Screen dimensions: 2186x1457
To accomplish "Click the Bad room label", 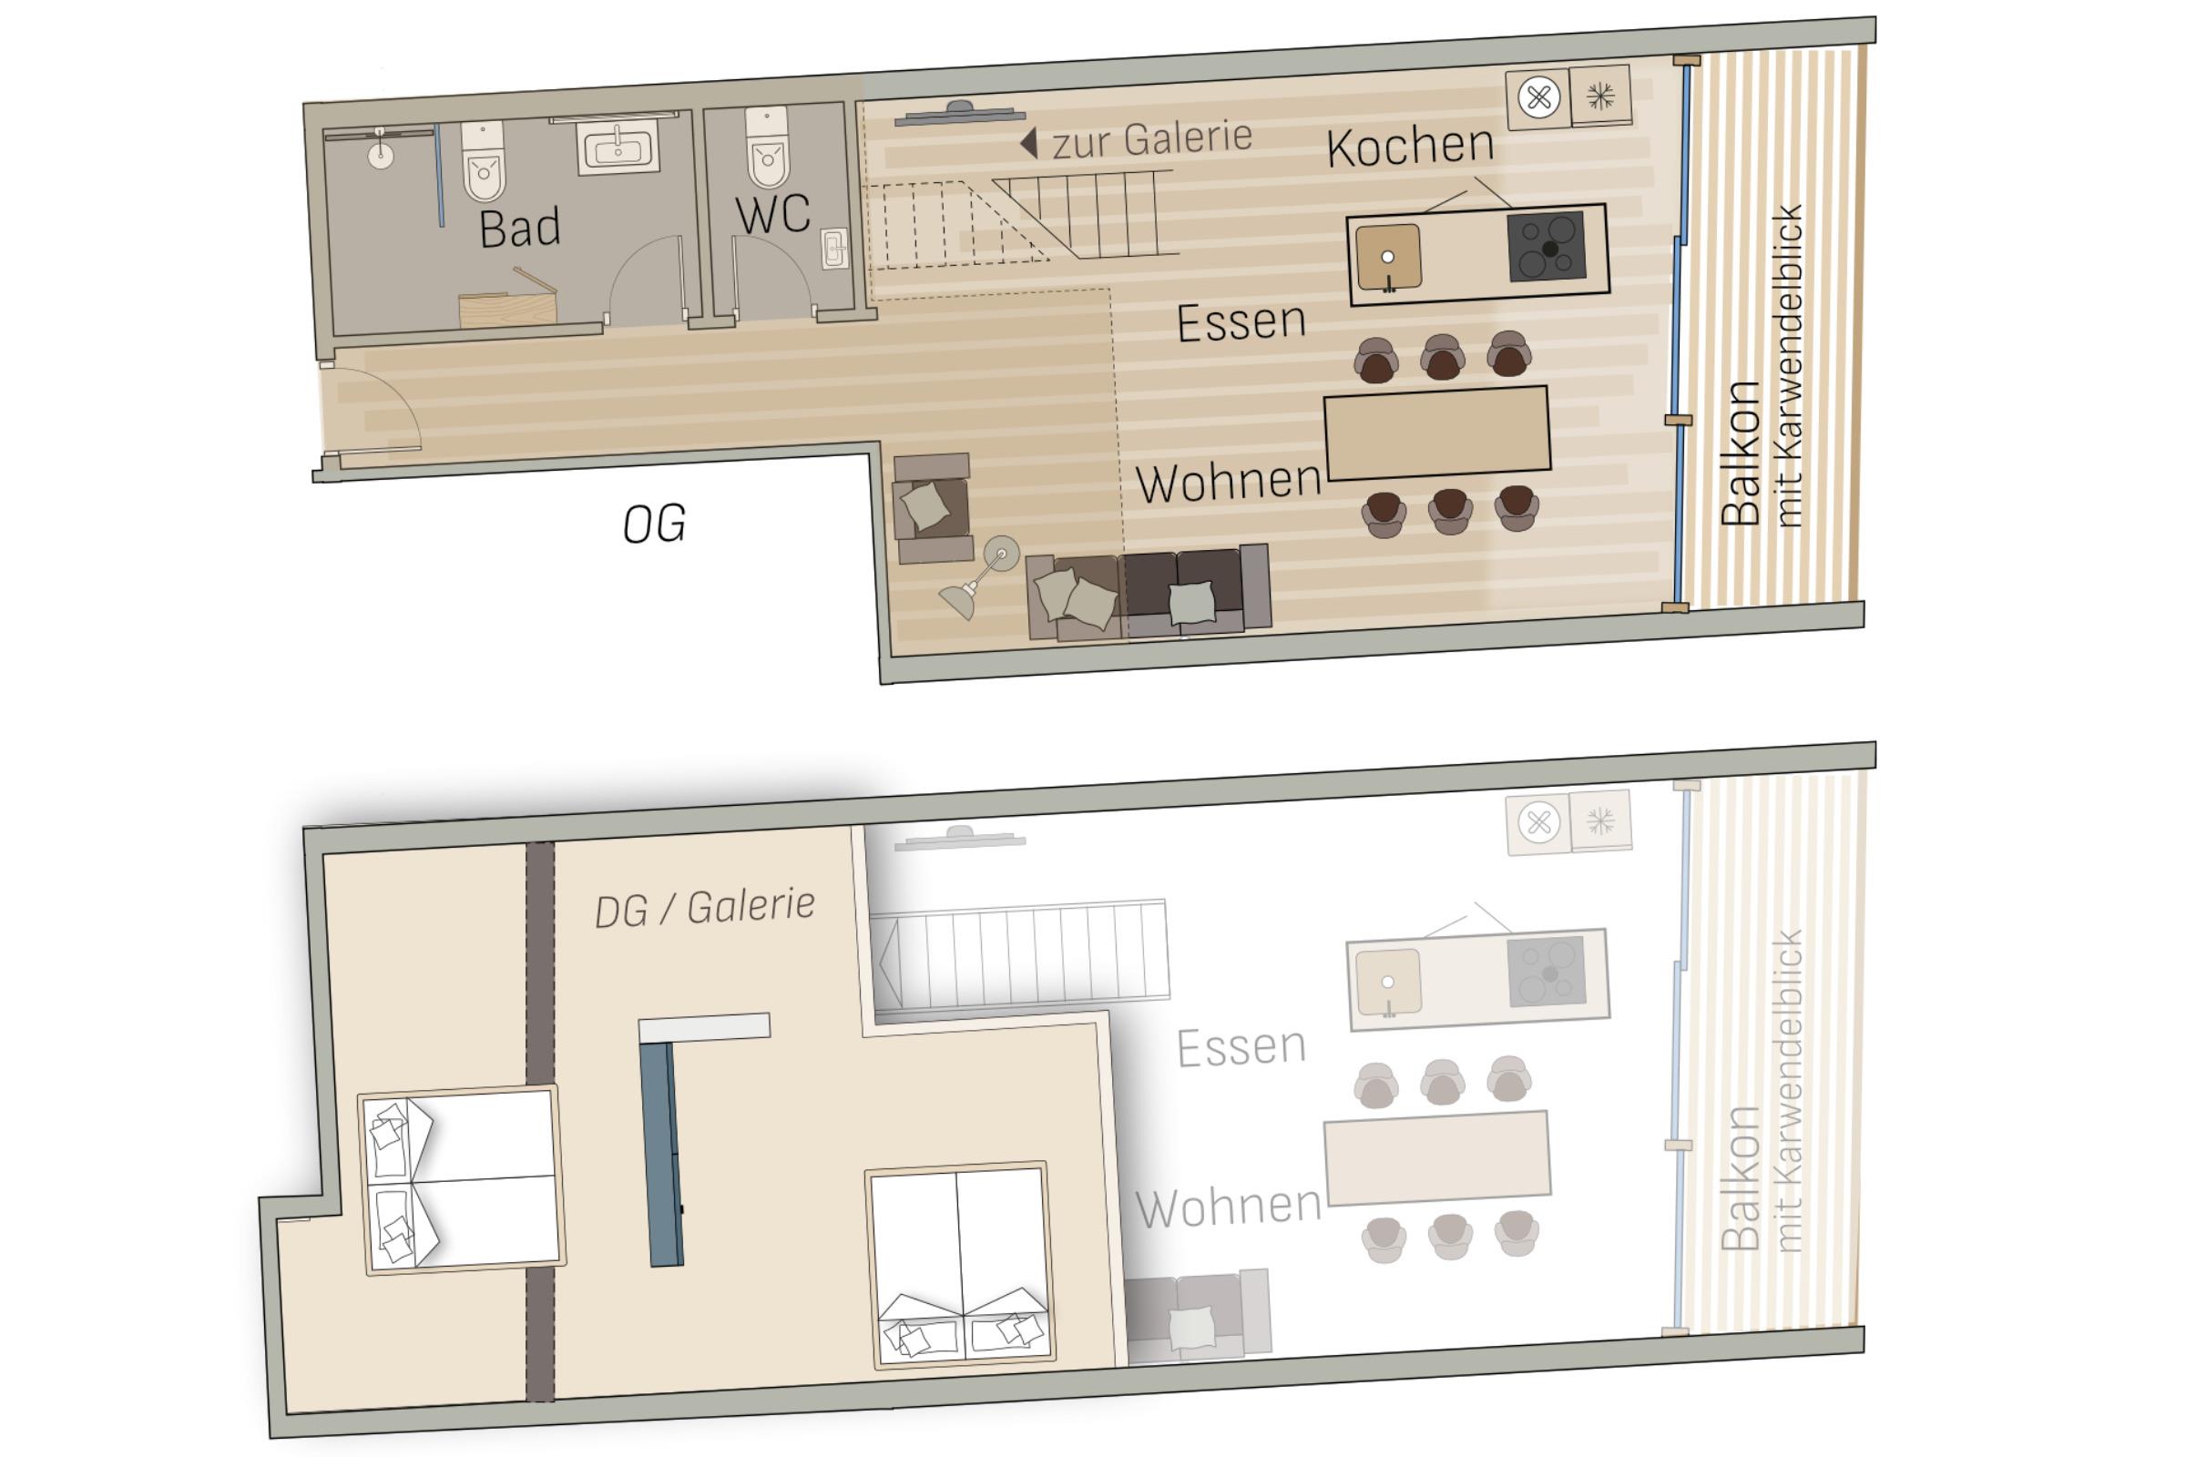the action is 519,229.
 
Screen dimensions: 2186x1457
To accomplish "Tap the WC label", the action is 772,215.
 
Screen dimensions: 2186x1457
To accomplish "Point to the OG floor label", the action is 654,525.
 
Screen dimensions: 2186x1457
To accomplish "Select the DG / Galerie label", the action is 704,907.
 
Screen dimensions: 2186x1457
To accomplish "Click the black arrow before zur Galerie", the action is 1028,143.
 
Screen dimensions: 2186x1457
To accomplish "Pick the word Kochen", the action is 1410,146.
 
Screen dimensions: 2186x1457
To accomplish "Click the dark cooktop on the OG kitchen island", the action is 1547,246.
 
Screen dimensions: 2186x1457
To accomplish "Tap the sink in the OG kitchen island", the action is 1387,257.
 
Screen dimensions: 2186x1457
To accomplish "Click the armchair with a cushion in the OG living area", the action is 931,507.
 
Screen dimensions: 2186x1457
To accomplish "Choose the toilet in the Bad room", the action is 484,161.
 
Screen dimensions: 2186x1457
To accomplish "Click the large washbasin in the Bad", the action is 618,148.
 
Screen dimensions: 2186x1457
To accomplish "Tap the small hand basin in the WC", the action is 834,248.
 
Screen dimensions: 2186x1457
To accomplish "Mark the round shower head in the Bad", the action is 381,156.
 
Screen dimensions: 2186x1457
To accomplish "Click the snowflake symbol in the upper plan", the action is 1600,95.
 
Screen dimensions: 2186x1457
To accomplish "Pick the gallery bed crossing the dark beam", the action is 462,1180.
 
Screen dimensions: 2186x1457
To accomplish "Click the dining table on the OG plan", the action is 1437,433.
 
